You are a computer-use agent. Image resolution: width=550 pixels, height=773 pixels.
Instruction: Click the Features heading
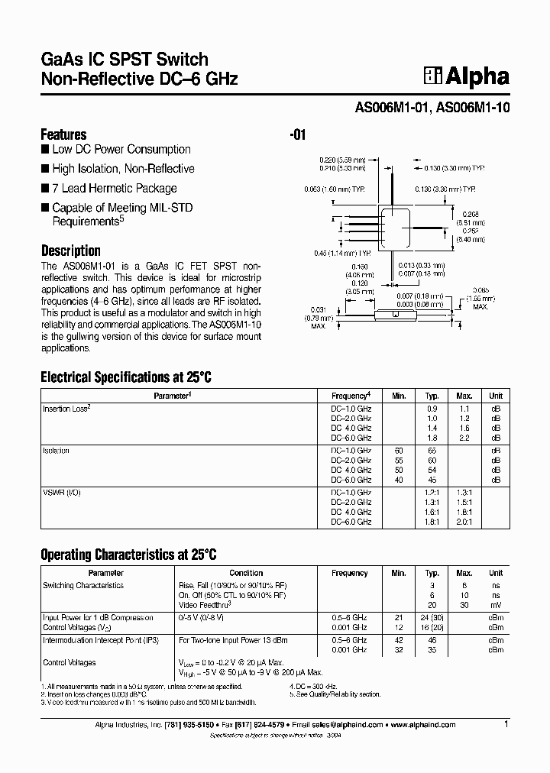point(63,134)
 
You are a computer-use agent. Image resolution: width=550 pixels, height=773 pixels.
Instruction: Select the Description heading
point(70,251)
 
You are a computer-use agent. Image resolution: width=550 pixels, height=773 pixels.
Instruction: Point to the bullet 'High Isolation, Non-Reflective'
point(122,169)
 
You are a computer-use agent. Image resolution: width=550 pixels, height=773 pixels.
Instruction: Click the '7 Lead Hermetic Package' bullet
point(114,188)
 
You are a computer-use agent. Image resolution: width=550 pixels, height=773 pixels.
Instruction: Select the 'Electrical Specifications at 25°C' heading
point(125,377)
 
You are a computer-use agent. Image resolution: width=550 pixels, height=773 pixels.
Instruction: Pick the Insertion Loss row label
point(66,409)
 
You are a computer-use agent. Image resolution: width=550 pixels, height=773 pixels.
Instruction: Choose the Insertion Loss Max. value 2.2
point(464,438)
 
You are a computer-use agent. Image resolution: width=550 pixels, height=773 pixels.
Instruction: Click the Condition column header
point(246,573)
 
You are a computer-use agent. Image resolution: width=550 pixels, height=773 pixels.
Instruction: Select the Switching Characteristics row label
point(83,585)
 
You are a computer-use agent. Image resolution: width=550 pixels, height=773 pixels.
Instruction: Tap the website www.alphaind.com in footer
point(424,725)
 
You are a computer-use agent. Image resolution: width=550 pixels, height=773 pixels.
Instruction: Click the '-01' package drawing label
point(298,135)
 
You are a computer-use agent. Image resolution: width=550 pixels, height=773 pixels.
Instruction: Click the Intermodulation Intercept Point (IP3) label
point(101,639)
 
